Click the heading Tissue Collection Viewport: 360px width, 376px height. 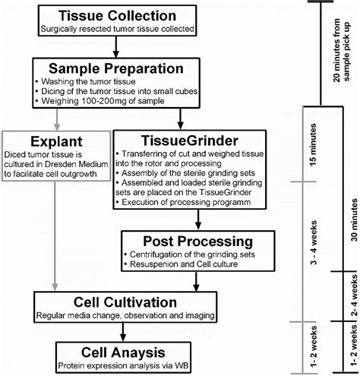[117, 16]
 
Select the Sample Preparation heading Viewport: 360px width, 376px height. [116, 68]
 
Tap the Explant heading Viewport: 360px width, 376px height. [56, 141]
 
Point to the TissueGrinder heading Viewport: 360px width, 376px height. [190, 141]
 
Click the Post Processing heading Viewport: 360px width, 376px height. [198, 242]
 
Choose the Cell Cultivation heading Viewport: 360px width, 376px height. [125, 302]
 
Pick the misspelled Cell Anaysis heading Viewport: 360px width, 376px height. [123, 352]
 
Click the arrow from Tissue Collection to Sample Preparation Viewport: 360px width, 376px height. [116, 47]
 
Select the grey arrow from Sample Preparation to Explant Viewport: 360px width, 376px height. [57, 119]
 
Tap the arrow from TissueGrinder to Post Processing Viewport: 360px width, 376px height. [198, 220]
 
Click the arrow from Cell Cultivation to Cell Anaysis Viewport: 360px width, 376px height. [123, 332]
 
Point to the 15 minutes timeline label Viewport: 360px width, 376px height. [313, 145]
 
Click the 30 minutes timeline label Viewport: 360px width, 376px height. [354, 220]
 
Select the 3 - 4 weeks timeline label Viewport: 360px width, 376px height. [314, 243]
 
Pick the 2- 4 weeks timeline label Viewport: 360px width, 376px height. [354, 295]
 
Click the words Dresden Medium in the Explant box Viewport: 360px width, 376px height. [77, 164]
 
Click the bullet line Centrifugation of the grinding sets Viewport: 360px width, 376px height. [192, 254]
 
